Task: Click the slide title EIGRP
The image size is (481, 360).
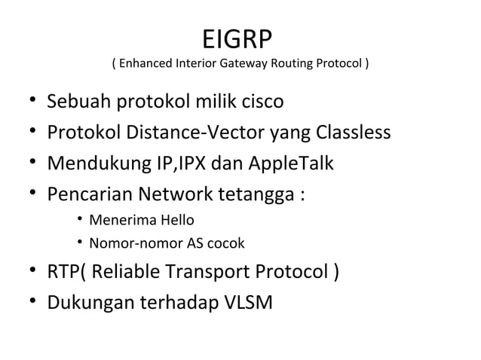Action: point(240,38)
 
